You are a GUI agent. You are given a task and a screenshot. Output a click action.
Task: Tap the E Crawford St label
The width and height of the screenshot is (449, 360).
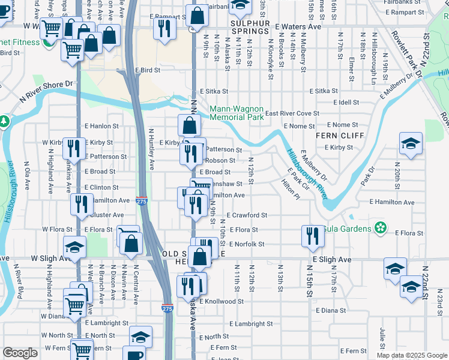(247, 215)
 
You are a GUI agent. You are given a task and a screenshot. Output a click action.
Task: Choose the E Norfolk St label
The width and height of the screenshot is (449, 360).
(245, 244)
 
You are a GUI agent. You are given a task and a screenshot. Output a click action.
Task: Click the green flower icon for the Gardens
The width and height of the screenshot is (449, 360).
(379, 227)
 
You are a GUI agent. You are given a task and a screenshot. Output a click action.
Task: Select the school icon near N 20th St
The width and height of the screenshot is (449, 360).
(411, 144)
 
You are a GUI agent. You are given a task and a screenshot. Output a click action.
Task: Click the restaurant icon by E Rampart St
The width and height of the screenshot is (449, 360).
(163, 26)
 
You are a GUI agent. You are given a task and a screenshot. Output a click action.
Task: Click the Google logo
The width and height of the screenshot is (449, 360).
(20, 353)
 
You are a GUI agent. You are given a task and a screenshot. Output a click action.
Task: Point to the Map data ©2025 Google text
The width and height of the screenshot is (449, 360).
(411, 355)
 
